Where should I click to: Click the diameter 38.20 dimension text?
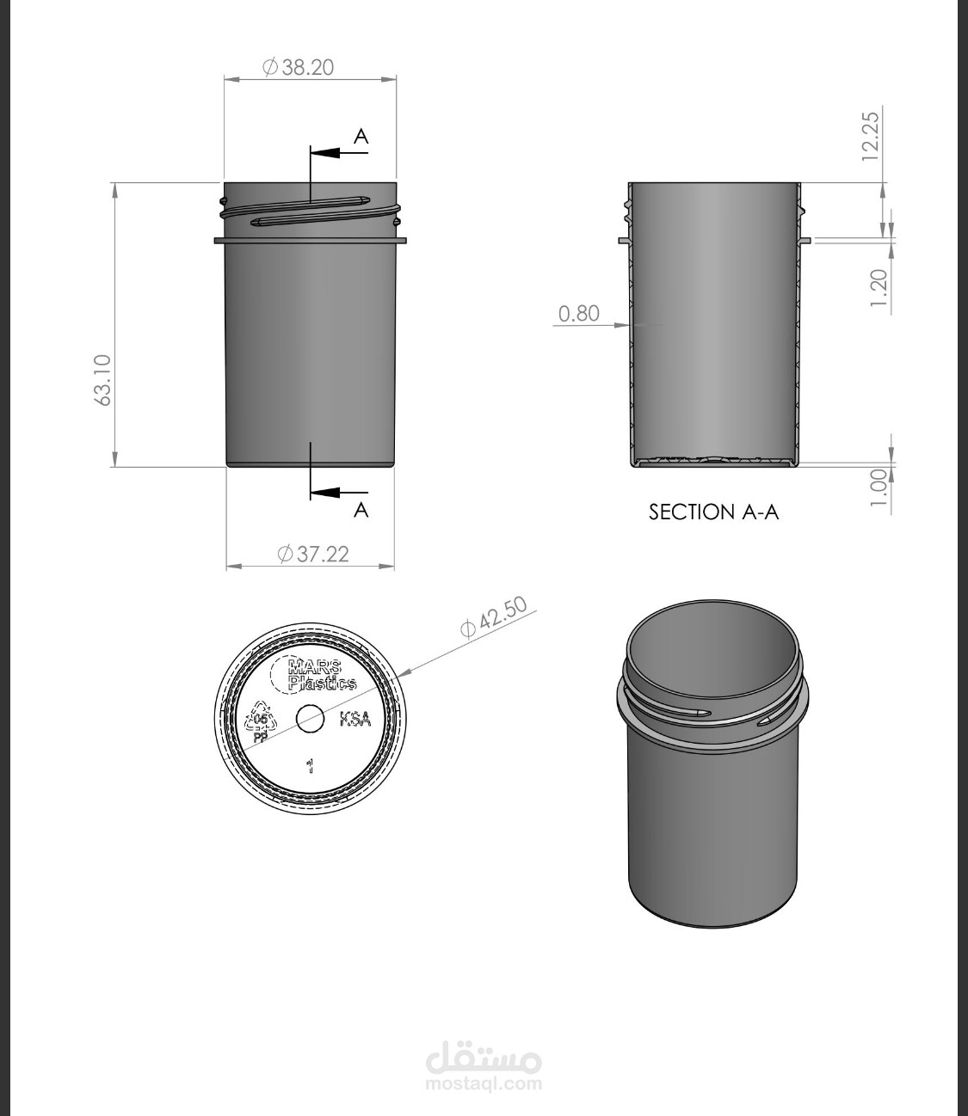299,67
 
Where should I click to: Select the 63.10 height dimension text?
102,380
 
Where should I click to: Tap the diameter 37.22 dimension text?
313,555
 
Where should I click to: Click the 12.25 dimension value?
871,136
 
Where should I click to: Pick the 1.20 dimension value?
879,288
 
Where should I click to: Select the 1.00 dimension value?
879,487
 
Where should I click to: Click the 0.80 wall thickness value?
579,313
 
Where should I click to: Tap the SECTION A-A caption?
713,512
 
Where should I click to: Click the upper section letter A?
361,137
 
